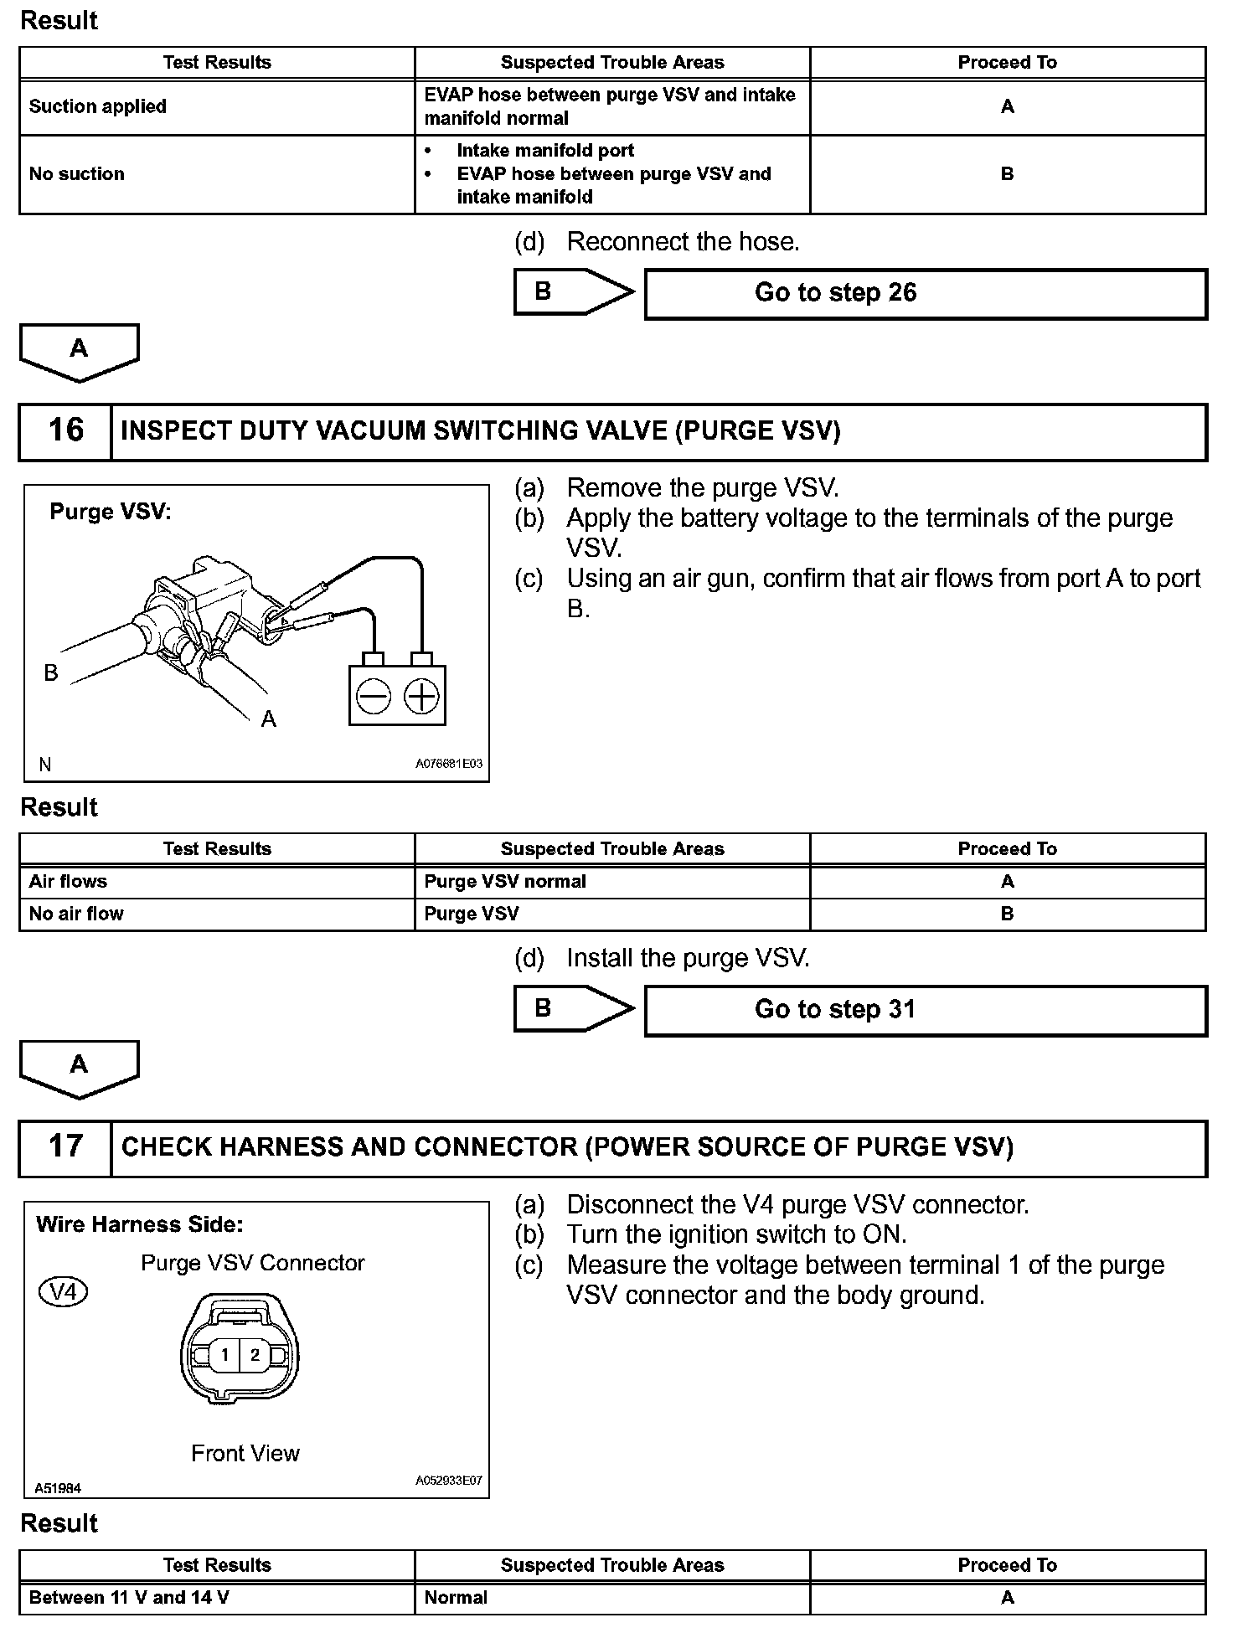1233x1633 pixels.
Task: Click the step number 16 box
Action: (65, 431)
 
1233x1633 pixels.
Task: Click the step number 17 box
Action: (65, 1147)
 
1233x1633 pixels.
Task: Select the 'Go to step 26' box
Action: (925, 293)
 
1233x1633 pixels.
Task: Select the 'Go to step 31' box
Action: (925, 1010)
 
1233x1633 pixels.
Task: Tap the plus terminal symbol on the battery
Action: (421, 696)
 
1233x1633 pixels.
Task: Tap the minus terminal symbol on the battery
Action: (374, 696)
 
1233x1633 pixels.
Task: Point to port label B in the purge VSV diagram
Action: (51, 672)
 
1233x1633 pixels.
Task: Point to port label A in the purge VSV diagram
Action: (268, 719)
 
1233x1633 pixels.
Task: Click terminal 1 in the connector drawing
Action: (224, 1355)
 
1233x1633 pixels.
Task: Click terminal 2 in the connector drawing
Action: (255, 1355)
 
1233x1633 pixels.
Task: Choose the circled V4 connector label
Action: (63, 1291)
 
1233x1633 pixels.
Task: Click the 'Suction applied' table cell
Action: (98, 107)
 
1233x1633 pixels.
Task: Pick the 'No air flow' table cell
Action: (76, 914)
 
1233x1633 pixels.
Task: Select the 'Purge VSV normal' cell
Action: (505, 881)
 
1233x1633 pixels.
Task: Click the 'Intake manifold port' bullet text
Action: (545, 151)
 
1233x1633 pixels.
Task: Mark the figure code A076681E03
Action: (449, 764)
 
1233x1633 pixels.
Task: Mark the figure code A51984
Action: (58, 1488)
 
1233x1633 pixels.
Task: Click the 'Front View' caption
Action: (245, 1454)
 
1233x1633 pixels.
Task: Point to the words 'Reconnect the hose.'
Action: (683, 242)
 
